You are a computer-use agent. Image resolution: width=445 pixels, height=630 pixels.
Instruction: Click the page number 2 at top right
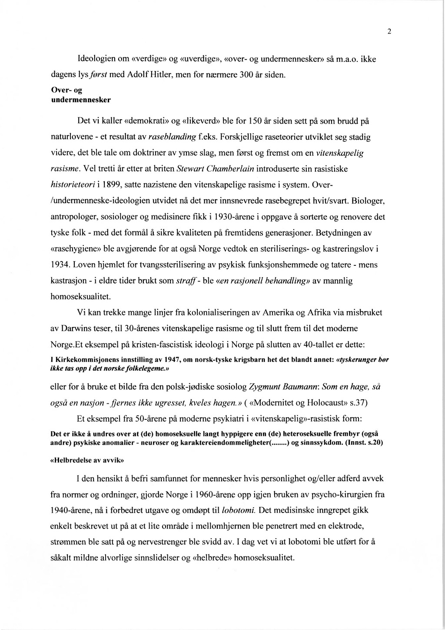coord(389,31)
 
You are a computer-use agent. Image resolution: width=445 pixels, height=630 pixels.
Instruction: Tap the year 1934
coord(60,264)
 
